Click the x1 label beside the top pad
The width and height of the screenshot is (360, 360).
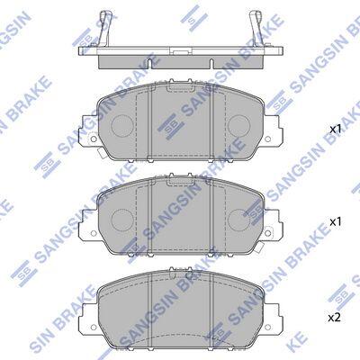pos(336,130)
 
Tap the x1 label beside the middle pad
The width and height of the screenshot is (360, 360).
pos(336,222)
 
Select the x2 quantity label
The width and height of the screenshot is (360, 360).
pos(335,318)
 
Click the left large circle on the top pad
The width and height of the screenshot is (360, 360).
pos(122,125)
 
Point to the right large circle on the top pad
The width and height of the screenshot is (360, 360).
pos(238,125)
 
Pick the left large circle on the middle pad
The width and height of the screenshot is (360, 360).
pos(122,219)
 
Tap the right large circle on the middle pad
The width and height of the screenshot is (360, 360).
pos(238,219)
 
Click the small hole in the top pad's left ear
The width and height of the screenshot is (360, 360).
pos(94,139)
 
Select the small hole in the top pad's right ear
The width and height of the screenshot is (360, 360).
pos(268,139)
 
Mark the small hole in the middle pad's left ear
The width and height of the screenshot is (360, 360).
pos(94,233)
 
